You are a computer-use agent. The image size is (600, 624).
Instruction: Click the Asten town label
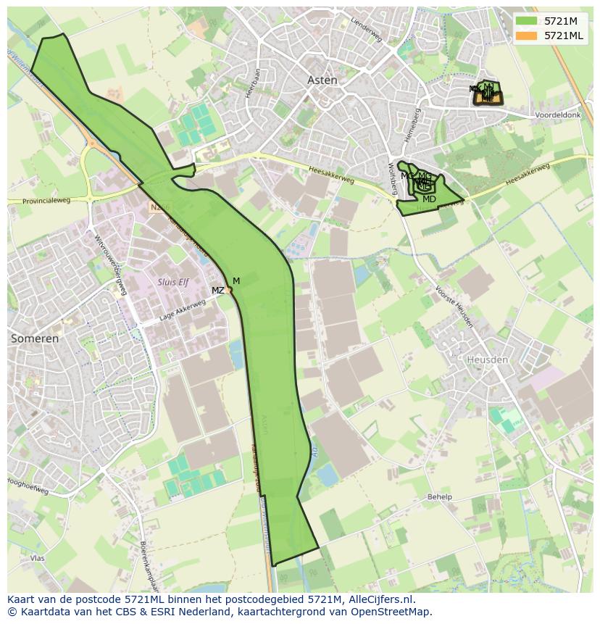[322, 80]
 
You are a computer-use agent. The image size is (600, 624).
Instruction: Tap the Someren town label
[35, 338]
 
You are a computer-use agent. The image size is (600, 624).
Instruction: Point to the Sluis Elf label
[173, 282]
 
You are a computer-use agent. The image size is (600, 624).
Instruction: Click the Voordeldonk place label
[557, 115]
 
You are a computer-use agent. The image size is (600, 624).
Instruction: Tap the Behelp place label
[439, 497]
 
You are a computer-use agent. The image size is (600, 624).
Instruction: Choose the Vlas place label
[38, 559]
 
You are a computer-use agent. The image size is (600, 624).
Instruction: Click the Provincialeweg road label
[46, 201]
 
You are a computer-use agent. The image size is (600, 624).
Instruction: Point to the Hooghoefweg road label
[28, 486]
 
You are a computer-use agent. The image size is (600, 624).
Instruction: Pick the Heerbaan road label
[252, 83]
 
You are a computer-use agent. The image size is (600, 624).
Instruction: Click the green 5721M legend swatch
[527, 21]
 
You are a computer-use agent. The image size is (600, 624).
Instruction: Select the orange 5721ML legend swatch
[527, 36]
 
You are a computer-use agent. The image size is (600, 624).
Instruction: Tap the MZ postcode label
[217, 291]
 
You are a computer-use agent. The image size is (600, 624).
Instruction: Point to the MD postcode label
[429, 199]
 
